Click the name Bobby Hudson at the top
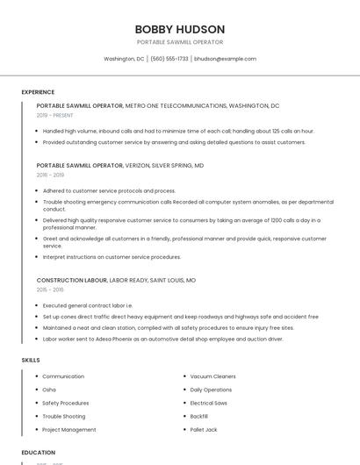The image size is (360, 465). coord(180,29)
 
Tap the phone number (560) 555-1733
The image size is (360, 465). coord(169,59)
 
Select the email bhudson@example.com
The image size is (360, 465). coord(225,59)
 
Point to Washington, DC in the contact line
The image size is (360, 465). coord(124,59)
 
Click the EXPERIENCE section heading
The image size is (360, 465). coord(38,92)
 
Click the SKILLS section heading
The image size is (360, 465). coord(31,360)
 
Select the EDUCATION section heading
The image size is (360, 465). coord(38,453)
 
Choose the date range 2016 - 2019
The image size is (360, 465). coord(50,175)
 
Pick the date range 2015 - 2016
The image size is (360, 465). coord(50,290)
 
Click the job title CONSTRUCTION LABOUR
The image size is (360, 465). coord(71,280)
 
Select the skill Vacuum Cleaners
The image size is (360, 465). coord(212,376)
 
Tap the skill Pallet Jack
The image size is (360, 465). coord(204,430)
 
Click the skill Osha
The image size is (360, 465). coord(49,390)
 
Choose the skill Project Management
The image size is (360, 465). coord(69,430)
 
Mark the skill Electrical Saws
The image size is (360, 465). coord(209,403)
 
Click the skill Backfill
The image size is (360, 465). coord(199,416)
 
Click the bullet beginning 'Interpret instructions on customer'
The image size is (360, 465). coord(112,257)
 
